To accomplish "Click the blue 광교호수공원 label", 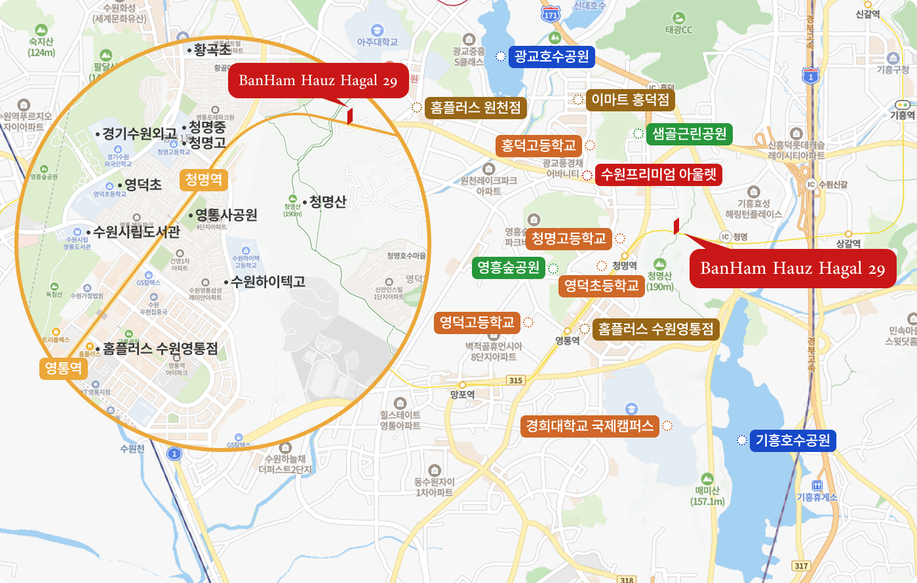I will [551, 56].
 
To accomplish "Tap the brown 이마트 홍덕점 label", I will [630, 100].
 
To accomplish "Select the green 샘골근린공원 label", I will [689, 134].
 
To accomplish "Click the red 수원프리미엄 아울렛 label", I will [659, 175].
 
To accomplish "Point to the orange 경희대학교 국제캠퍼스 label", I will [589, 426].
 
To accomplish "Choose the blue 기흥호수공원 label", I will [793, 440].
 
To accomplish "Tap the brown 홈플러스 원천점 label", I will [476, 107].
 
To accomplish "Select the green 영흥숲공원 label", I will [509, 267].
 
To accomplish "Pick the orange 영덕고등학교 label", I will [477, 322].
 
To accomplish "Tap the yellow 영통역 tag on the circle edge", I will [63, 368].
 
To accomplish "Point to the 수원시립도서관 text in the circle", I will [136, 231].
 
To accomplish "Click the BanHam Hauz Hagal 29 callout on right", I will [792, 269].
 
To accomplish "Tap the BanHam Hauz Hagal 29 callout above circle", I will [317, 81].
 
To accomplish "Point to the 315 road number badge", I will [516, 380].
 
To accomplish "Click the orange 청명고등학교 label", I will [568, 238].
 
